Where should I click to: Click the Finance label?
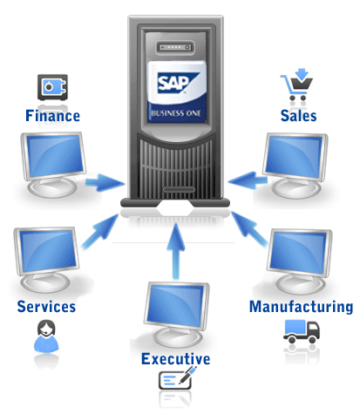pos(52,115)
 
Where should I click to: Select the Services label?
pos(45,307)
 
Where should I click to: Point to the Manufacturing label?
pos(301,307)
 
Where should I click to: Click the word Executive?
pos(175,358)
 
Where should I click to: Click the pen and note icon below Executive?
pos(177,380)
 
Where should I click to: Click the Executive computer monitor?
pos(177,309)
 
